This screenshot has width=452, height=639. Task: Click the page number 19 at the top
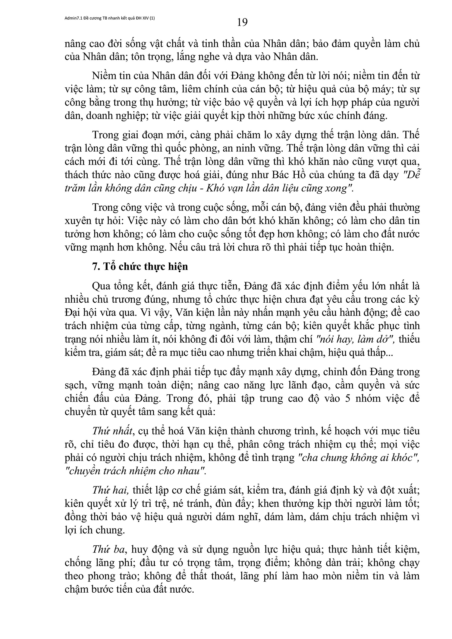click(242, 22)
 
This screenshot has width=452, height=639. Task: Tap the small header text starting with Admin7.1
click(110, 18)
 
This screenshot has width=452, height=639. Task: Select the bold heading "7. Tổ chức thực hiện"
click(140, 267)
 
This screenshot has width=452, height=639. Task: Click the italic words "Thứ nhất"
click(113, 431)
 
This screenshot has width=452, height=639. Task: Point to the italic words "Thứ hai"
click(110, 490)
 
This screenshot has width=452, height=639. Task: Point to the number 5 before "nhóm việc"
click(346, 398)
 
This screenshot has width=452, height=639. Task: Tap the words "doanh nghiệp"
click(117, 116)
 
